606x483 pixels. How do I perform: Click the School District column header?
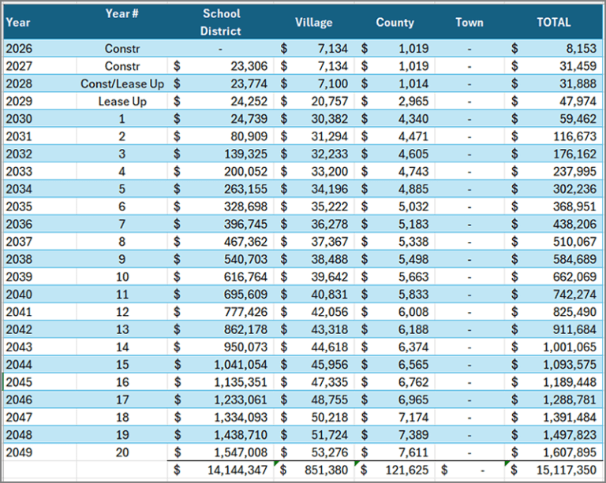pyautogui.click(x=221, y=22)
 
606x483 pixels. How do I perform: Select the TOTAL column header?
pyautogui.click(x=553, y=22)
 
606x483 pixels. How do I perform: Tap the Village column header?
pyautogui.click(x=313, y=22)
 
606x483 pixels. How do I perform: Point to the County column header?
pyautogui.click(x=395, y=22)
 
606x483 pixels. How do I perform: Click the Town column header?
pyautogui.click(x=469, y=22)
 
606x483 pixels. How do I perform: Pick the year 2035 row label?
pyautogui.click(x=19, y=206)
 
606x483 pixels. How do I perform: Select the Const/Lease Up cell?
pyautogui.click(x=122, y=84)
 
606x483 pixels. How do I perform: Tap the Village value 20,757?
pyautogui.click(x=330, y=101)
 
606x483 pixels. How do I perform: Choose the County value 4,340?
pyautogui.click(x=413, y=118)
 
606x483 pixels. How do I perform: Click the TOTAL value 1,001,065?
pyautogui.click(x=570, y=347)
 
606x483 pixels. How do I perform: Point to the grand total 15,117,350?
pyautogui.click(x=567, y=470)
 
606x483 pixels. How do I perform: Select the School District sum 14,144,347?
pyautogui.click(x=238, y=470)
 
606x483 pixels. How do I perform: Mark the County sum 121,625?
pyautogui.click(x=407, y=470)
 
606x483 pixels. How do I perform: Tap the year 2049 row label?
pyautogui.click(x=19, y=452)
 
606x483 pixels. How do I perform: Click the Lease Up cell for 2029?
pyautogui.click(x=122, y=102)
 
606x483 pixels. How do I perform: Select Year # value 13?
pyautogui.click(x=122, y=329)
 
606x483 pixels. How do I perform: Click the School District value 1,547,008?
pyautogui.click(x=241, y=452)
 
